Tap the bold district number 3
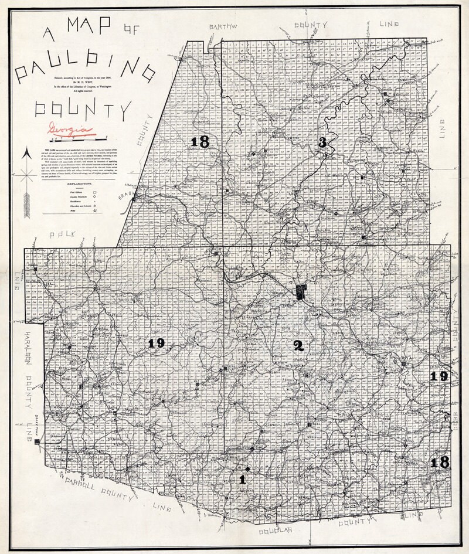(322, 142)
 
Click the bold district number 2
(298, 346)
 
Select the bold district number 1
(242, 479)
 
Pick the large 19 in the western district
(156, 344)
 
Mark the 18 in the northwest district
(200, 141)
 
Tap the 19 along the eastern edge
(439, 376)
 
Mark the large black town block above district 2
(301, 291)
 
